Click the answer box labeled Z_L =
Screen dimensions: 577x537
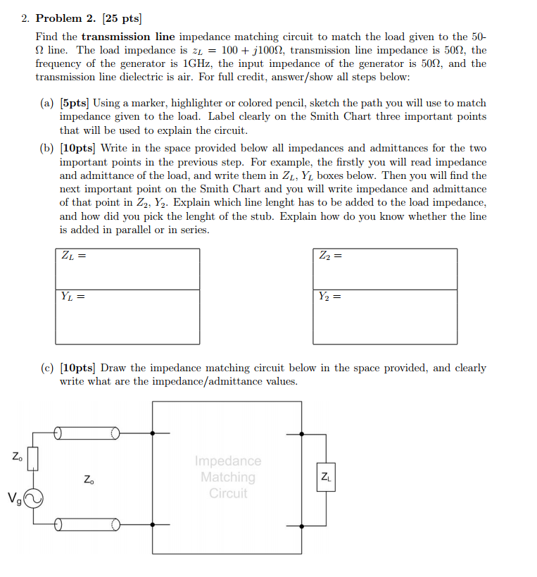click(127, 268)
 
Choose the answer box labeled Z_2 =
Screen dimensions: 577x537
click(385, 268)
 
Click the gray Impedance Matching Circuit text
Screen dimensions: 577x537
click(228, 477)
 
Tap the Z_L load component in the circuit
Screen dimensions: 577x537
click(326, 477)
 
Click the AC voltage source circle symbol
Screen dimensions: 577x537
click(33, 499)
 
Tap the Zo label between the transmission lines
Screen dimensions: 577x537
click(88, 480)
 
